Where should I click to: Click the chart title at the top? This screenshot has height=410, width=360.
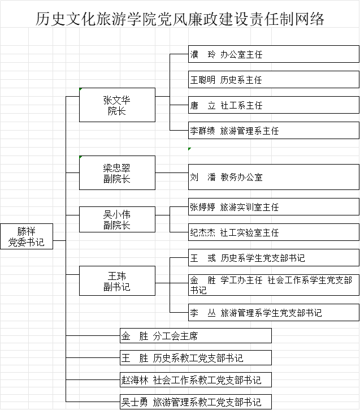tap(180, 19)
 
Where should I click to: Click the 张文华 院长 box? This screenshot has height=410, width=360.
tap(117, 105)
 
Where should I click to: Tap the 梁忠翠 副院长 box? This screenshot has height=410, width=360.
tap(117, 172)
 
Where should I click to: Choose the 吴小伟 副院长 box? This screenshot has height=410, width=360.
tap(117, 219)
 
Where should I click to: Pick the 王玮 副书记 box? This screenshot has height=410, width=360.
tap(117, 281)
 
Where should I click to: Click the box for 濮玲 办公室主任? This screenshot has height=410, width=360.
tap(274, 54)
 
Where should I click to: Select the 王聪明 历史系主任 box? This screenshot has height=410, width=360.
tap(274, 80)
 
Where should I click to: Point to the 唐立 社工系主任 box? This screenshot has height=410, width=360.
tap(274, 105)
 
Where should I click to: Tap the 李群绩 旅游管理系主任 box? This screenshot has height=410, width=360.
tap(274, 131)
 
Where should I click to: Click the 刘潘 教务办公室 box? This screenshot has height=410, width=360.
tap(274, 177)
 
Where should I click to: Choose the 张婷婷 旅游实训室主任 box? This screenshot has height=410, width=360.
tap(274, 207)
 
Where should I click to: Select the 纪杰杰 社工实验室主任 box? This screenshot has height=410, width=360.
tap(274, 232)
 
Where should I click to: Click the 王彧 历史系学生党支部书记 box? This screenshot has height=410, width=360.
tap(274, 258)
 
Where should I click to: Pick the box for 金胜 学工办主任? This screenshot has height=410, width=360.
tap(274, 284)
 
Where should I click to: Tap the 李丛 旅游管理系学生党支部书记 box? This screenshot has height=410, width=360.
tap(274, 312)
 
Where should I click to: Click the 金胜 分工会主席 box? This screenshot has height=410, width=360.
tap(196, 336)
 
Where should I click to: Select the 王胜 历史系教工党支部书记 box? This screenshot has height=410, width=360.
tap(196, 358)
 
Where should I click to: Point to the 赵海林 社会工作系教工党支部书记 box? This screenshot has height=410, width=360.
tap(196, 380)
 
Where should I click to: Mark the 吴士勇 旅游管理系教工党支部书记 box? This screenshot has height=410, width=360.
tap(196, 402)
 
